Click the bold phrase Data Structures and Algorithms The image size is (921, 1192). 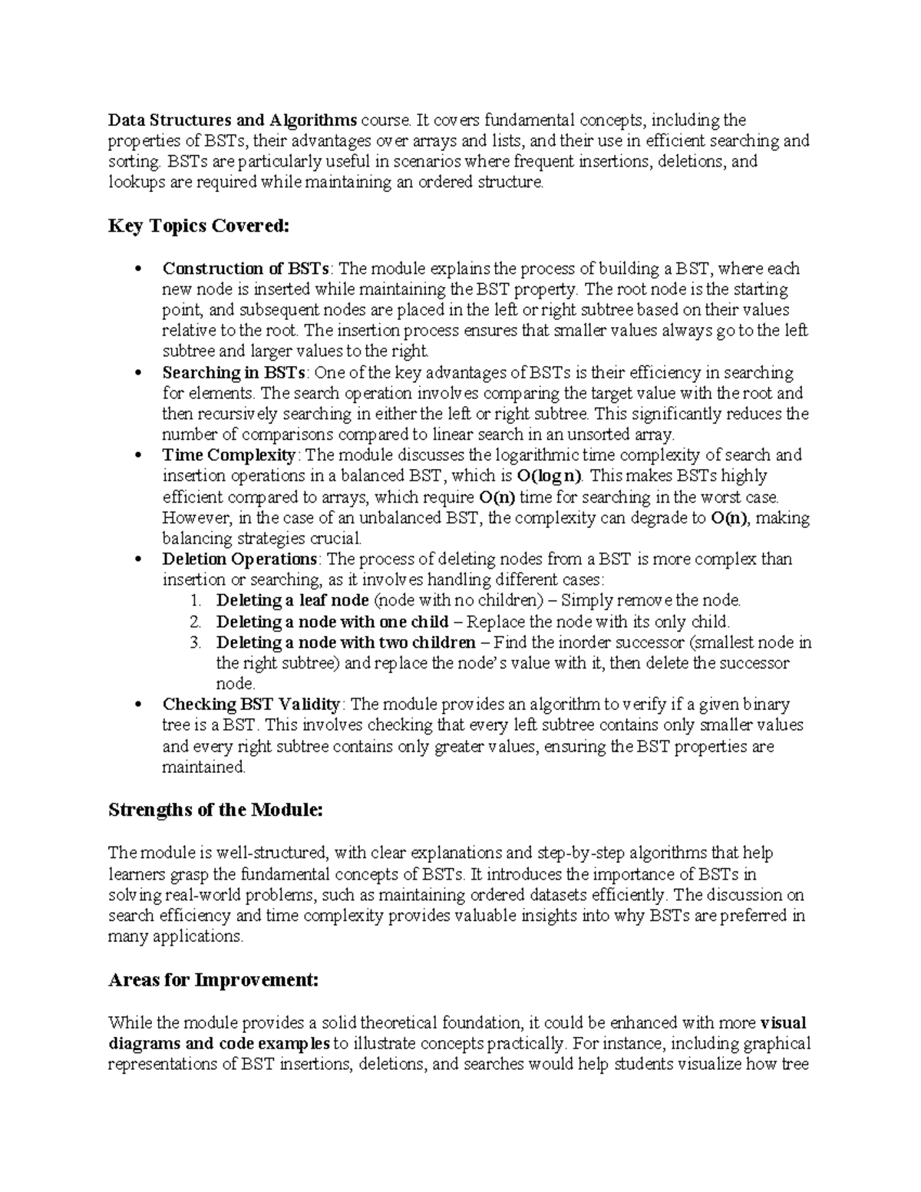point(233,120)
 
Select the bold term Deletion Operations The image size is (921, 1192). point(239,559)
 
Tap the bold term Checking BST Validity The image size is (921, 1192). point(251,704)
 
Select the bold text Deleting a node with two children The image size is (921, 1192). point(346,642)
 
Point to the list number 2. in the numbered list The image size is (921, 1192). point(195,622)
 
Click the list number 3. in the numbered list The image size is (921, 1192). point(195,642)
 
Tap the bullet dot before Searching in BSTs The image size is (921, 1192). point(138,374)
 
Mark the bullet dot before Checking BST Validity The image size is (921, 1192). point(138,705)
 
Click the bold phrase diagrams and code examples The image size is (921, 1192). point(220,1044)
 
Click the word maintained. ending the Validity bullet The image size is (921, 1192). point(203,767)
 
